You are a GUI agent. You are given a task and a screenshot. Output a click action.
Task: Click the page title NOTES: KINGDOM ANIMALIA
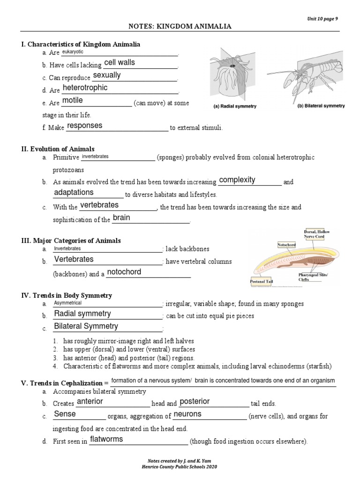click(180, 27)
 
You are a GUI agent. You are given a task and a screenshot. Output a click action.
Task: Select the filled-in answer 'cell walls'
click(120, 63)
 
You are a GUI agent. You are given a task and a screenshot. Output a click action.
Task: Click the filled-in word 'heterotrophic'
click(85, 88)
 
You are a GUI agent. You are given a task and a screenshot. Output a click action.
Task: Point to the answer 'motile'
click(72, 100)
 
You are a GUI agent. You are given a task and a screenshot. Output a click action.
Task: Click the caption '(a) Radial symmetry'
click(235, 106)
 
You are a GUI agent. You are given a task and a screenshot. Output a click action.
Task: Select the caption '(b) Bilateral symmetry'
click(321, 106)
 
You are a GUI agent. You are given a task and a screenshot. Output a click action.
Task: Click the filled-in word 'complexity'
click(237, 180)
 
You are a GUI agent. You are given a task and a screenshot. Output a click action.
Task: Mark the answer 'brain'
click(121, 217)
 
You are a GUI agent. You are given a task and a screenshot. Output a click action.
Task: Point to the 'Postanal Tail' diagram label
click(261, 282)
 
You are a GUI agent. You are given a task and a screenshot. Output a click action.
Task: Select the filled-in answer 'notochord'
click(124, 272)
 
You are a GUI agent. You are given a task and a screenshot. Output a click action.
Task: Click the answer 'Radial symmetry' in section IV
click(82, 314)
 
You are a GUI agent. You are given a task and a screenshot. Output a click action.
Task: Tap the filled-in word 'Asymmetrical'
click(68, 303)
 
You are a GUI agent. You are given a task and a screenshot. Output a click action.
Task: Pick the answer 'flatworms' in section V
click(106, 439)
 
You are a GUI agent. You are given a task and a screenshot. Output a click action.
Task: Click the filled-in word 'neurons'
click(187, 414)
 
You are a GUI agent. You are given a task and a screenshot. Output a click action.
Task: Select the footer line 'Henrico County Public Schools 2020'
click(180, 467)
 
